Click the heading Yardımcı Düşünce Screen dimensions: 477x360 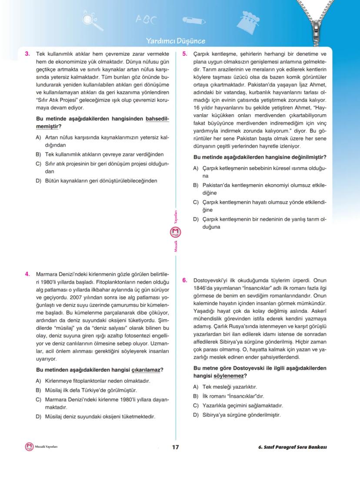(175, 41)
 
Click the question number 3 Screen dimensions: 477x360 (27, 54)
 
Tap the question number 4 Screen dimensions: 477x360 (27, 274)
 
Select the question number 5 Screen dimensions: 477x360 (184, 54)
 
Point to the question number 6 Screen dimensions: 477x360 (184, 280)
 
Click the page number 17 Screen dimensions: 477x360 (176, 447)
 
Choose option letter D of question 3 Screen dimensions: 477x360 (38, 181)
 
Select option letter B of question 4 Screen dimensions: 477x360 (38, 390)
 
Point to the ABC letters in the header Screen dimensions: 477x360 (145, 20)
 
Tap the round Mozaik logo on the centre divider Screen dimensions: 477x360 (176, 233)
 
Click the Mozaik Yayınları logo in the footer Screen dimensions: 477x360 (30, 447)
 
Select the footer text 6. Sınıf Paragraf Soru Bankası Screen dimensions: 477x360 (292, 447)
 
